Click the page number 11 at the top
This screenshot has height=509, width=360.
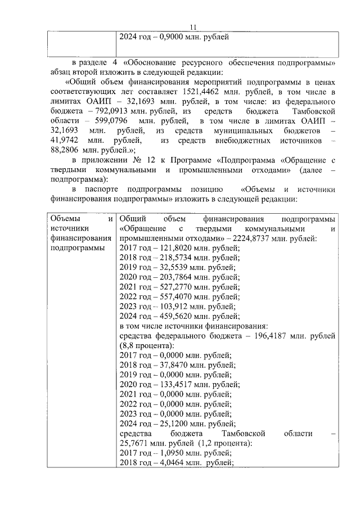pyautogui.click(x=193, y=26)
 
